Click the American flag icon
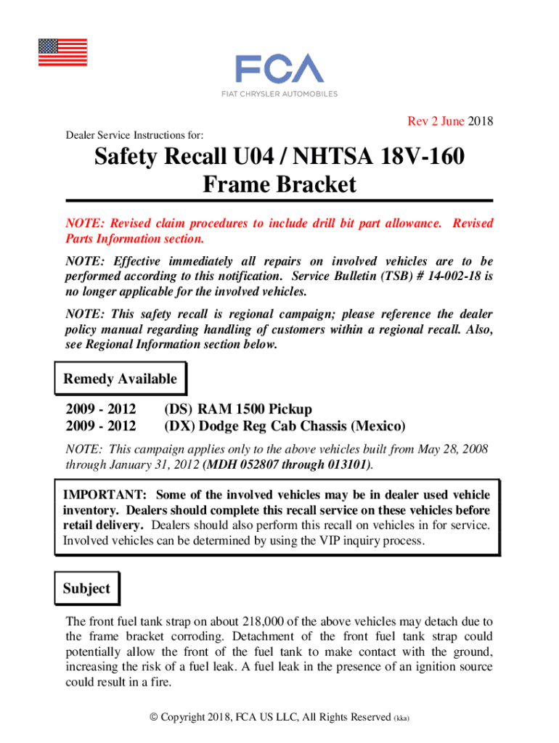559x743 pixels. [x=62, y=52]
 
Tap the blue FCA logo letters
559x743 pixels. [x=279, y=69]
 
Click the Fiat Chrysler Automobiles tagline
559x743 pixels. [x=279, y=94]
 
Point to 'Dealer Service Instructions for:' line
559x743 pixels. [x=134, y=135]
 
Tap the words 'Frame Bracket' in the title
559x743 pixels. [x=279, y=185]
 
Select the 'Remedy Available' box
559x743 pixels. [x=120, y=379]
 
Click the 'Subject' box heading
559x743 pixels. [x=86, y=588]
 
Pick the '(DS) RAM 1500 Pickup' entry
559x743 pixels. [x=238, y=410]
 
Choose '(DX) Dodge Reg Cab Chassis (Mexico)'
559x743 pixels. [x=285, y=426]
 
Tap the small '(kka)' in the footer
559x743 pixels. [x=401, y=718]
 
